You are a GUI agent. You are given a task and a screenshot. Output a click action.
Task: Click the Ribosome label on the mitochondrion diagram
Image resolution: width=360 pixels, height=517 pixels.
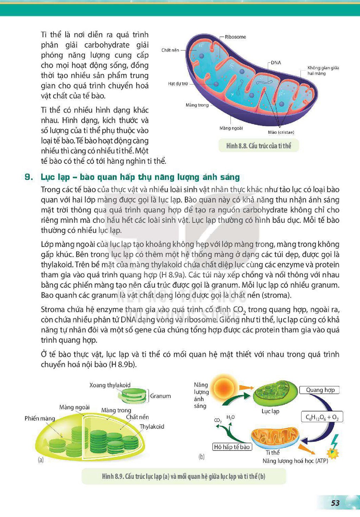pyautogui.click(x=236, y=37)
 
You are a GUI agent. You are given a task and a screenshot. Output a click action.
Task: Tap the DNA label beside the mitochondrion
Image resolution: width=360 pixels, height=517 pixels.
pyautogui.click(x=276, y=63)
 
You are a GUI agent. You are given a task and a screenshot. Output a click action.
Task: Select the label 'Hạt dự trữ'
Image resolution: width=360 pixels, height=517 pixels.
pyautogui.click(x=178, y=84)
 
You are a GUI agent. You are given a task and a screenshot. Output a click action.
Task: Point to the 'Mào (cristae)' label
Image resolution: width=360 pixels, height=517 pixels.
pyautogui.click(x=281, y=133)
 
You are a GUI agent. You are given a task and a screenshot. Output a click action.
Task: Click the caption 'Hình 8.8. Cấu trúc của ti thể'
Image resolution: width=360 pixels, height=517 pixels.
pyautogui.click(x=259, y=146)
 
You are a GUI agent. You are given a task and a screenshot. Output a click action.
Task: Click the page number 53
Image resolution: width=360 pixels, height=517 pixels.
pyautogui.click(x=335, y=503)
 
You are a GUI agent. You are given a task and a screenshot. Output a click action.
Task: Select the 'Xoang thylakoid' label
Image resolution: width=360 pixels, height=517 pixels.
pyautogui.click(x=110, y=385)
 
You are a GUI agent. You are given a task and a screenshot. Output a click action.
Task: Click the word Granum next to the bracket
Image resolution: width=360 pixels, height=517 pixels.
pyautogui.click(x=161, y=396)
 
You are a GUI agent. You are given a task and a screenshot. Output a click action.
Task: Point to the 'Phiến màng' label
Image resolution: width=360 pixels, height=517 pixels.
pyautogui.click(x=40, y=419)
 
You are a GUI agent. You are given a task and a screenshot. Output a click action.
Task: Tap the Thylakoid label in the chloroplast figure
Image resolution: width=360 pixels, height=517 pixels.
pyautogui.click(x=152, y=427)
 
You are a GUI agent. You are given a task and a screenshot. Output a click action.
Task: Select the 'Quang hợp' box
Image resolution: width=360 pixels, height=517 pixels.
pyautogui.click(x=320, y=390)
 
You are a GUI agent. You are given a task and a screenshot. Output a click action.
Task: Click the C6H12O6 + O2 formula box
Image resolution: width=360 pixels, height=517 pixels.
pyautogui.click(x=322, y=417)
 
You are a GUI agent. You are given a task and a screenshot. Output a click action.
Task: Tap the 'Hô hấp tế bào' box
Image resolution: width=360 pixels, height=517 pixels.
pyautogui.click(x=232, y=447)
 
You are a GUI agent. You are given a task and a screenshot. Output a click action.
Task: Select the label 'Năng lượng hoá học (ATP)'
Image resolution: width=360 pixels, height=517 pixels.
pyautogui.click(x=295, y=461)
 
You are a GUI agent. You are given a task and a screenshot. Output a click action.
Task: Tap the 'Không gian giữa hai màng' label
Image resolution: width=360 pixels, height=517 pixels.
pyautogui.click(x=323, y=71)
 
